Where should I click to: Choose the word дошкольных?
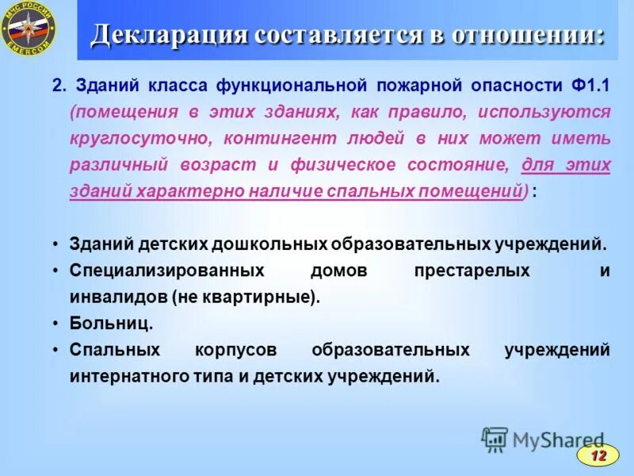[273, 244]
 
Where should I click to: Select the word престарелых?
[472, 271]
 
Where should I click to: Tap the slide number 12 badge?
[598, 455]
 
